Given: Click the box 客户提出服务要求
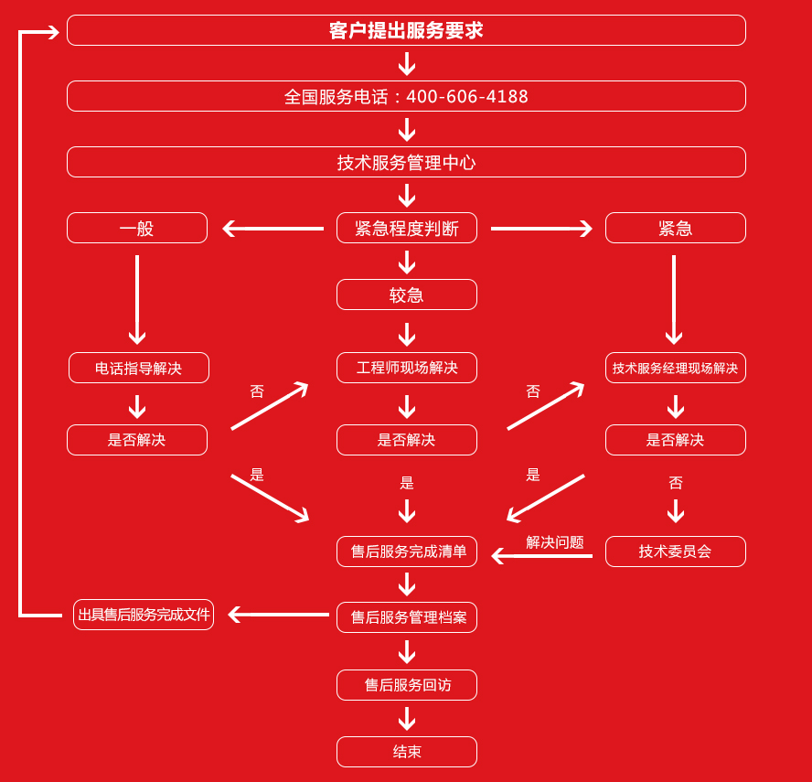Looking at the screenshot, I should click(x=406, y=30).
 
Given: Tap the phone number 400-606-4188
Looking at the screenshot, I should click(x=466, y=97).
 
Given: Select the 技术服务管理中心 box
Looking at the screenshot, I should click(x=406, y=162).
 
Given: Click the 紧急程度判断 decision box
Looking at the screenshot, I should click(x=406, y=228).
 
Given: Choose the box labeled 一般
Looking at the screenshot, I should click(x=137, y=228).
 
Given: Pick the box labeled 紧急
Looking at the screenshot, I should click(x=675, y=228).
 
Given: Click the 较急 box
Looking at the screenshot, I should click(x=406, y=295).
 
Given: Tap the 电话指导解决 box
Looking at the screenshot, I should click(x=138, y=368).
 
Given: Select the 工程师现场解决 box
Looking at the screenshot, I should click(x=406, y=368).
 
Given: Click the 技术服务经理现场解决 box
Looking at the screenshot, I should click(x=675, y=368).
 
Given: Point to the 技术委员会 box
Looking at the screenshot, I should click(x=675, y=552).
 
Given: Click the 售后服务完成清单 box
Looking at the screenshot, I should click(x=406, y=552).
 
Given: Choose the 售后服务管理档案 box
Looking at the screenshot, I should click(x=406, y=617).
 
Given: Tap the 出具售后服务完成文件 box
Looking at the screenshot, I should click(x=144, y=615).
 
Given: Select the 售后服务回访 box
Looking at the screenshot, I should click(x=406, y=685).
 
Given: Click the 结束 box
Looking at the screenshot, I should click(x=406, y=752).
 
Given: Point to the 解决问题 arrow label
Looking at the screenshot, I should click(x=554, y=541).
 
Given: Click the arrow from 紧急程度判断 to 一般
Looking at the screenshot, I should click(x=273, y=229).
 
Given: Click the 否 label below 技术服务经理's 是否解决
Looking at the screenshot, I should click(x=676, y=483).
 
